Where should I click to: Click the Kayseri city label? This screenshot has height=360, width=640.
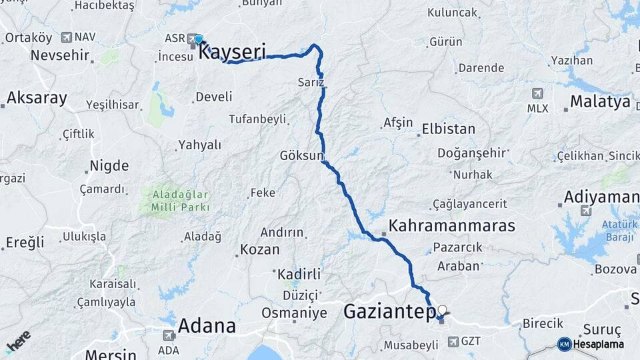coord(233,51)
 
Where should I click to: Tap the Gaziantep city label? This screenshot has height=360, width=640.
coord(389,311)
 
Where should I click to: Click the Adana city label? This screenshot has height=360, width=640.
coord(207,326)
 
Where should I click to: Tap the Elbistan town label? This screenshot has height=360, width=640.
coord(448,129)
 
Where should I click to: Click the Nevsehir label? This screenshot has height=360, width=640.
coord(60,55)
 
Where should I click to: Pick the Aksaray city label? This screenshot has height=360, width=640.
coord(37,99)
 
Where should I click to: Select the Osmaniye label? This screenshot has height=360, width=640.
coord(294,313)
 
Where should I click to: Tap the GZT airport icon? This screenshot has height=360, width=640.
coord(453,341)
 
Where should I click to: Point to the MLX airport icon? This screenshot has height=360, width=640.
coord(537,93)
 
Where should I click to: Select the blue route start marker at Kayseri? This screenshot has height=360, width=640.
coord(198,39)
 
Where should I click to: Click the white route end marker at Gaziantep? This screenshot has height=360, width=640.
coord(441,309)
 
